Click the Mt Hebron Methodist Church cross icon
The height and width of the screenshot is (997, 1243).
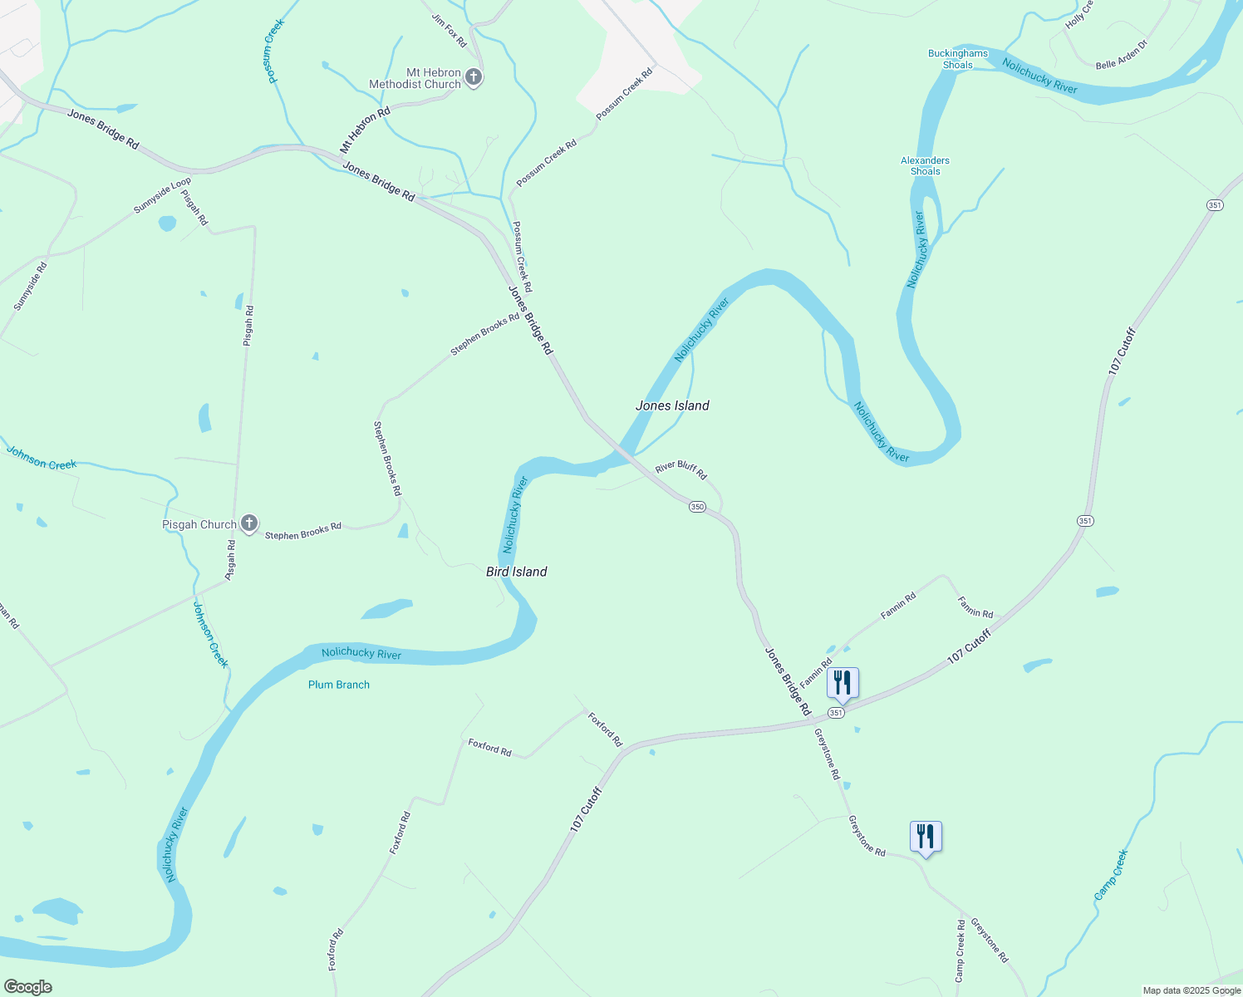473,78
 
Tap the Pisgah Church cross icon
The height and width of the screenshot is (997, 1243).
248,523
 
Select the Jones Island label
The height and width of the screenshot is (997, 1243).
672,405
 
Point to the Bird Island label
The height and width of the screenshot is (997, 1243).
516,572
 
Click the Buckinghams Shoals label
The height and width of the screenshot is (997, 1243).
958,59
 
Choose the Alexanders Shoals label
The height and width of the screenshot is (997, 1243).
925,166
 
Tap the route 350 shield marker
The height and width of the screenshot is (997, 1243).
697,507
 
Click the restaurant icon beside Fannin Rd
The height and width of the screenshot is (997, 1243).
843,683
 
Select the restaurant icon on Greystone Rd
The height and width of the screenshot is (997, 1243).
926,836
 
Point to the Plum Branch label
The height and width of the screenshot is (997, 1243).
339,685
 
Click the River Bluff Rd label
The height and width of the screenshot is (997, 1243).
680,470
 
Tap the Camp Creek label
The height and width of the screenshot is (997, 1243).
1111,875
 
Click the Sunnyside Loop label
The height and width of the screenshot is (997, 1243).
162,195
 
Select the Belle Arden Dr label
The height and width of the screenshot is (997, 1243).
1122,54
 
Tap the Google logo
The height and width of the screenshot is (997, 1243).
27,987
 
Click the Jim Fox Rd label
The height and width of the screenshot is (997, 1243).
450,29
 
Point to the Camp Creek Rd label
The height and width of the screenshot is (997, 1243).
960,950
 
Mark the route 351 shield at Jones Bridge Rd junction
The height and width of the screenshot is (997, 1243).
836,713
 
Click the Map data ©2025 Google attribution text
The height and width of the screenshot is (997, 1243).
1191,990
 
